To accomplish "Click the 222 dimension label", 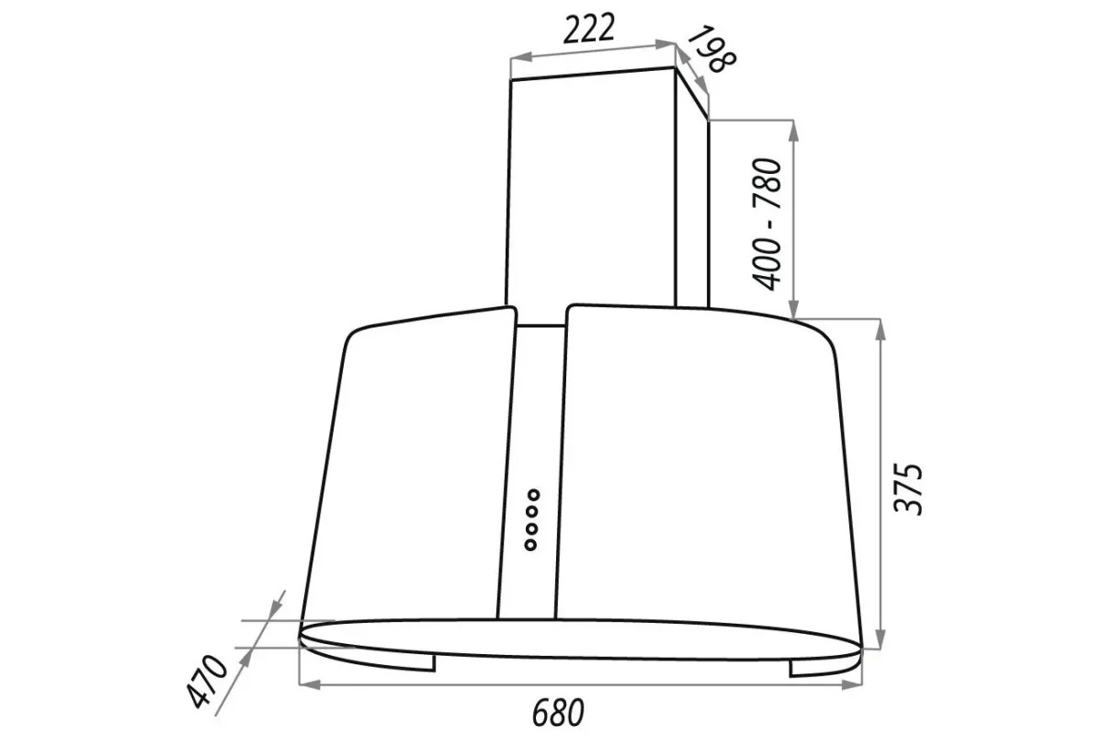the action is [x=588, y=29].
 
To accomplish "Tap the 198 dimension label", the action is [x=711, y=49].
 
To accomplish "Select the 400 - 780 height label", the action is [x=767, y=224].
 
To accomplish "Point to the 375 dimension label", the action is [x=907, y=489].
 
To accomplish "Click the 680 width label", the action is [x=559, y=712].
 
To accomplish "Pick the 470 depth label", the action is [x=207, y=682].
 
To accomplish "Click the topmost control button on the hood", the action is [x=533, y=494].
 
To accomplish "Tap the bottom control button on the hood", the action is [x=530, y=545].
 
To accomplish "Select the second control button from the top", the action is [x=532, y=512].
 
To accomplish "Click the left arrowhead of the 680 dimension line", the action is [x=310, y=684].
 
